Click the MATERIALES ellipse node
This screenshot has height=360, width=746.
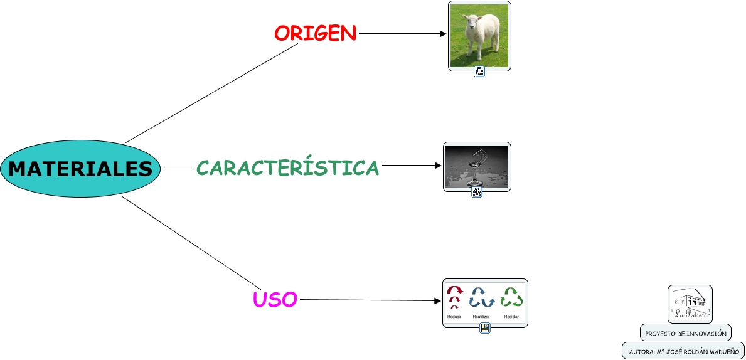[x=80, y=169]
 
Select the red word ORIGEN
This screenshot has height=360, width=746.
[x=315, y=33]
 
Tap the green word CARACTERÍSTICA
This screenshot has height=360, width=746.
[x=288, y=167]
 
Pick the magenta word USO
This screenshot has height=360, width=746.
[x=275, y=300]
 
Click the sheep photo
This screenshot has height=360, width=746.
[x=479, y=36]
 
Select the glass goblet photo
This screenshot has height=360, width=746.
[x=477, y=166]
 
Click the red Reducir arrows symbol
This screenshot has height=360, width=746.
[x=454, y=297]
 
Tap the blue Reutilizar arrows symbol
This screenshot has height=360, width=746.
[x=481, y=297]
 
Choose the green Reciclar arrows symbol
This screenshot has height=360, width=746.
[x=512, y=297]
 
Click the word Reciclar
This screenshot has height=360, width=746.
[x=511, y=317]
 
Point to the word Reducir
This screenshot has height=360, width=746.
[x=454, y=317]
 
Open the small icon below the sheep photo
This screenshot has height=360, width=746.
[x=479, y=71]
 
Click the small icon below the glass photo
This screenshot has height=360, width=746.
[x=477, y=192]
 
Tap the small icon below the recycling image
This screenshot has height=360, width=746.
[x=485, y=328]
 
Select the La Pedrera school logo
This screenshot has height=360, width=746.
[x=690, y=304]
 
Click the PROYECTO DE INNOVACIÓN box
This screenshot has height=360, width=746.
[x=685, y=333]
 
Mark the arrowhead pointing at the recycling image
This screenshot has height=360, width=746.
[x=438, y=301]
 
